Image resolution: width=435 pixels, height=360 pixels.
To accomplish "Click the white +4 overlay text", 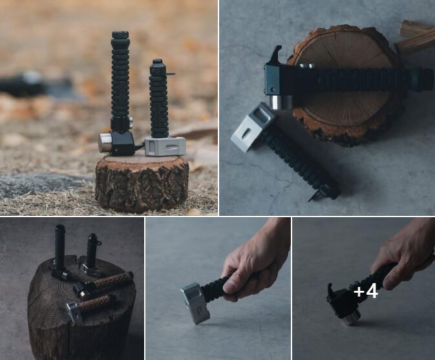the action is pos(366,291).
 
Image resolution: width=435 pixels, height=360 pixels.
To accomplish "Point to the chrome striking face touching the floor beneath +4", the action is pos(352,319).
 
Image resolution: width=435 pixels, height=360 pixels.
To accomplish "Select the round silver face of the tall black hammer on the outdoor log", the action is pos(105,143).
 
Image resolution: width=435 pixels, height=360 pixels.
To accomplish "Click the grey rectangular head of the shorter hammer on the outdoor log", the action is pos(165,146).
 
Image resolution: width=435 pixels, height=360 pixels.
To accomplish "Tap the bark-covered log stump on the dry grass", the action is pos(142,184).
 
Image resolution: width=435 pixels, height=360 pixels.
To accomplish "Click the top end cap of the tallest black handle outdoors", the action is pos(120,35).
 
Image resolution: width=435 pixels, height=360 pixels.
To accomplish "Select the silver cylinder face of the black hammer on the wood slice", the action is pos(281,102).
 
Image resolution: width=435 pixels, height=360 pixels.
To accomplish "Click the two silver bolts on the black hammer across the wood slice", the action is pos(308,66).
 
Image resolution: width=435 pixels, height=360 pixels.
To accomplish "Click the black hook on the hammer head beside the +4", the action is pos(332,291).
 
